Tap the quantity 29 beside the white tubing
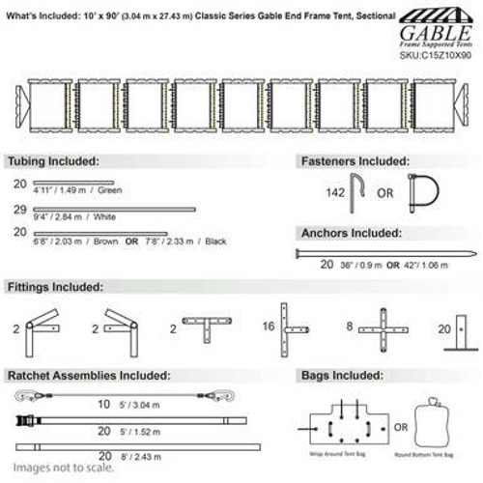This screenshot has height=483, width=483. click(x=19, y=209)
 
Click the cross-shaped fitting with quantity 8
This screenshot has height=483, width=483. click(x=384, y=329)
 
